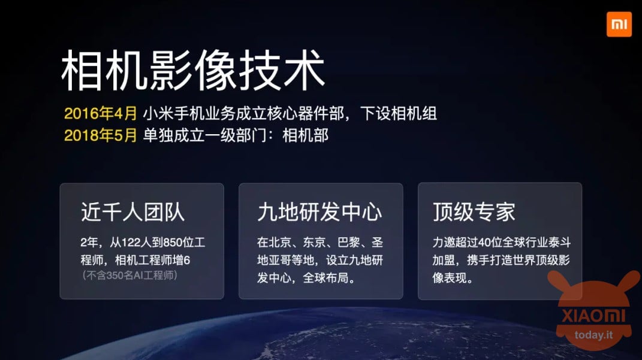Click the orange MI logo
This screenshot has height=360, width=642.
coord(619,24)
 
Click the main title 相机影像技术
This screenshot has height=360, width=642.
coord(193,70)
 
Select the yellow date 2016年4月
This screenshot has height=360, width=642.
coord(100,113)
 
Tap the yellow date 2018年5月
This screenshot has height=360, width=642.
coord(100,135)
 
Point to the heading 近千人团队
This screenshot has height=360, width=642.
coord(132,212)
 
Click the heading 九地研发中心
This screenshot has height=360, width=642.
coord(320,212)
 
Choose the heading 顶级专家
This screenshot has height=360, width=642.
coord(474,212)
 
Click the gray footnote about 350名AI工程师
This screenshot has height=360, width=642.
coord(130,276)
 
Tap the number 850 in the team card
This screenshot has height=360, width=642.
coord(173,243)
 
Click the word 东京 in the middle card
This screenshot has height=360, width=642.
coord(314,243)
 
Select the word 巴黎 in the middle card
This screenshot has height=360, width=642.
coord(348,243)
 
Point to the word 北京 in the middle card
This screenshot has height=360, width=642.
coord(280,243)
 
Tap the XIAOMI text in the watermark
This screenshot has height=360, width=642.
coord(593,316)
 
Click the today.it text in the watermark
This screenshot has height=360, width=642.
coord(593,335)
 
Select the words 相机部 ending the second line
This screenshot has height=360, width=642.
coord(306,135)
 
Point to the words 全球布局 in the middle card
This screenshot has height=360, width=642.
coord(325,278)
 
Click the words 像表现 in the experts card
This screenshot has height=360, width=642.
coord(450,278)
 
